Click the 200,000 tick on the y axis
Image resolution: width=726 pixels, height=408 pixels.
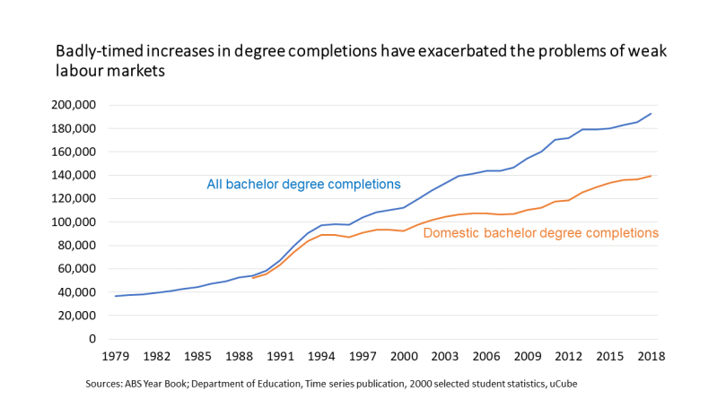[x=74, y=105]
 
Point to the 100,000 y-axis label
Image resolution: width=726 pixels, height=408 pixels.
[x=74, y=221]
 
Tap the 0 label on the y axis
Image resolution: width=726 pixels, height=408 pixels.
[x=92, y=339]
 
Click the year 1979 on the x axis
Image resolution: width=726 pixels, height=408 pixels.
[x=116, y=356]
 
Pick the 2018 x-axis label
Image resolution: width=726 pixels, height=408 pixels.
[x=651, y=356]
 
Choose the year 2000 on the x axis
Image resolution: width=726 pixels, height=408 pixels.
[x=404, y=356]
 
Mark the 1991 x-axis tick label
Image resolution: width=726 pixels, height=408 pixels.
[x=280, y=356]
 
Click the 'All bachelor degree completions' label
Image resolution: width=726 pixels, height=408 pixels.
[x=303, y=185]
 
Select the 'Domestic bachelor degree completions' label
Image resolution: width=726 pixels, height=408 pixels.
[x=541, y=233]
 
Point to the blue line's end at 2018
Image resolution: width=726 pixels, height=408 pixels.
[x=651, y=114]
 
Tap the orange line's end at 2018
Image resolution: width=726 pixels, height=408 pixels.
[x=651, y=176]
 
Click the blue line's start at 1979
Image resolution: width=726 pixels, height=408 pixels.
[x=116, y=296]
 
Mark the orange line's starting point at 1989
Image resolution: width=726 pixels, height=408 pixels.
[x=253, y=278]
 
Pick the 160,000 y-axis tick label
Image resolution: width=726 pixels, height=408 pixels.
[x=74, y=152]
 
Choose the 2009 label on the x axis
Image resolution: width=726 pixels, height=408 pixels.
[x=527, y=356]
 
